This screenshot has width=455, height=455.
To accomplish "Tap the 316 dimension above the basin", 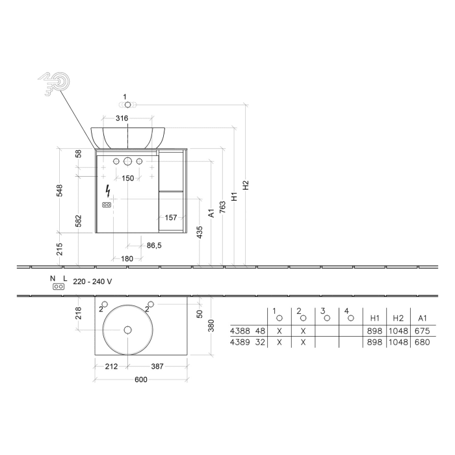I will tap(122, 118).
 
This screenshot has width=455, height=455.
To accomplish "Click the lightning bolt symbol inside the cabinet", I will tap(107, 191).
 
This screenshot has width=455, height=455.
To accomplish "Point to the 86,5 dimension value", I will tap(153, 246).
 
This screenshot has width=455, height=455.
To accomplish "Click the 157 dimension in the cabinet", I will tap(171, 218).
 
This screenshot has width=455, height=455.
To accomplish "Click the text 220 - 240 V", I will tap(94, 281).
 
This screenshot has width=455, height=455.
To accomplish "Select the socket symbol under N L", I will tap(58, 287).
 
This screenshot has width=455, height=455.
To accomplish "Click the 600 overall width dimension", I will tap(141, 380).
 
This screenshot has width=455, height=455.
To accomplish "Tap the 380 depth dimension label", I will tap(209, 326).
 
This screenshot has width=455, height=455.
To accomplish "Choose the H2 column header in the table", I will tap(398, 318).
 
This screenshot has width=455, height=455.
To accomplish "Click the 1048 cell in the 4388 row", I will tap(398, 330).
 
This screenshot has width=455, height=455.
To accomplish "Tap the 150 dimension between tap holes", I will tap(127, 178).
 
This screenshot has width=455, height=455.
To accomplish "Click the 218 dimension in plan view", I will tap(78, 313).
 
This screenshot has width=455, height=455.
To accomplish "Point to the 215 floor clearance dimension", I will tap(60, 248).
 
